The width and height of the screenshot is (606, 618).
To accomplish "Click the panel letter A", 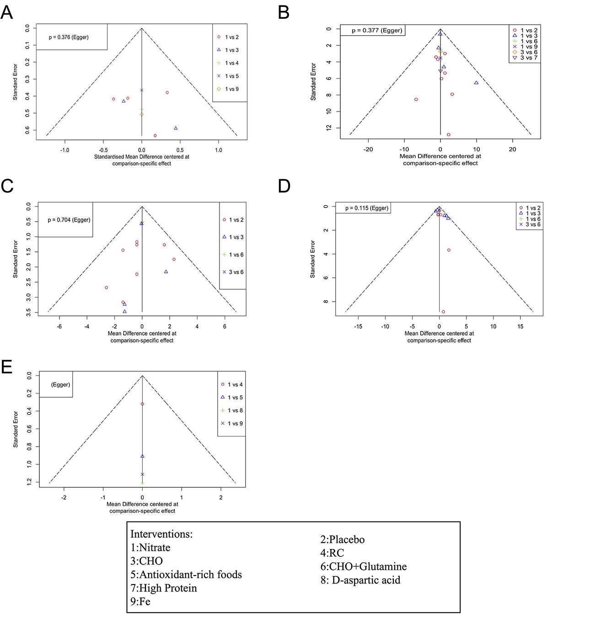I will point(7,12).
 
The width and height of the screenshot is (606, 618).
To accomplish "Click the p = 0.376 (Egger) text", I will point(69,37).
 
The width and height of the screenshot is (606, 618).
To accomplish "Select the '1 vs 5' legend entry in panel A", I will point(231,76).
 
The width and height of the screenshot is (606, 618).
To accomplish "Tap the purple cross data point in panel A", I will point(142,90).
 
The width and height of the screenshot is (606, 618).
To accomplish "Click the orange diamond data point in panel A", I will point(142,114).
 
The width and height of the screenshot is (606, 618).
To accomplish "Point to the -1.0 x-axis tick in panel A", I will point(65,150).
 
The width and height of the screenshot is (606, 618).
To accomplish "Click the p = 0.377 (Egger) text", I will point(377,31).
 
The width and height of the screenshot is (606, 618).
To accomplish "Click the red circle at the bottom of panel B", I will point(449,135).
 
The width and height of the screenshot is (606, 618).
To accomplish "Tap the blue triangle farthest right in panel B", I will point(476,83).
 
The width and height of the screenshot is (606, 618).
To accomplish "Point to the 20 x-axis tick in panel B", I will point(513,149).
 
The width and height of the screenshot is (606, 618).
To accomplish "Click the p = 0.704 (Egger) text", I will point(69,220).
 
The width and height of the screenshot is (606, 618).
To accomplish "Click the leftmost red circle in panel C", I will point(107,288).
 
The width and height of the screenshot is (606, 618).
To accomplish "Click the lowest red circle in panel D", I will point(443,312).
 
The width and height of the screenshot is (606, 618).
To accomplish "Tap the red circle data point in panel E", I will point(142,404).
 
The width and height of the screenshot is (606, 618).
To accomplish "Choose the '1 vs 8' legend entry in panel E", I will point(235,410).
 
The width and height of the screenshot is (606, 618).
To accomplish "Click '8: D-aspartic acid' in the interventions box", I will point(360,580).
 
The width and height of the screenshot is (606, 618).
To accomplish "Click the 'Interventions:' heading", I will point(161,534).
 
